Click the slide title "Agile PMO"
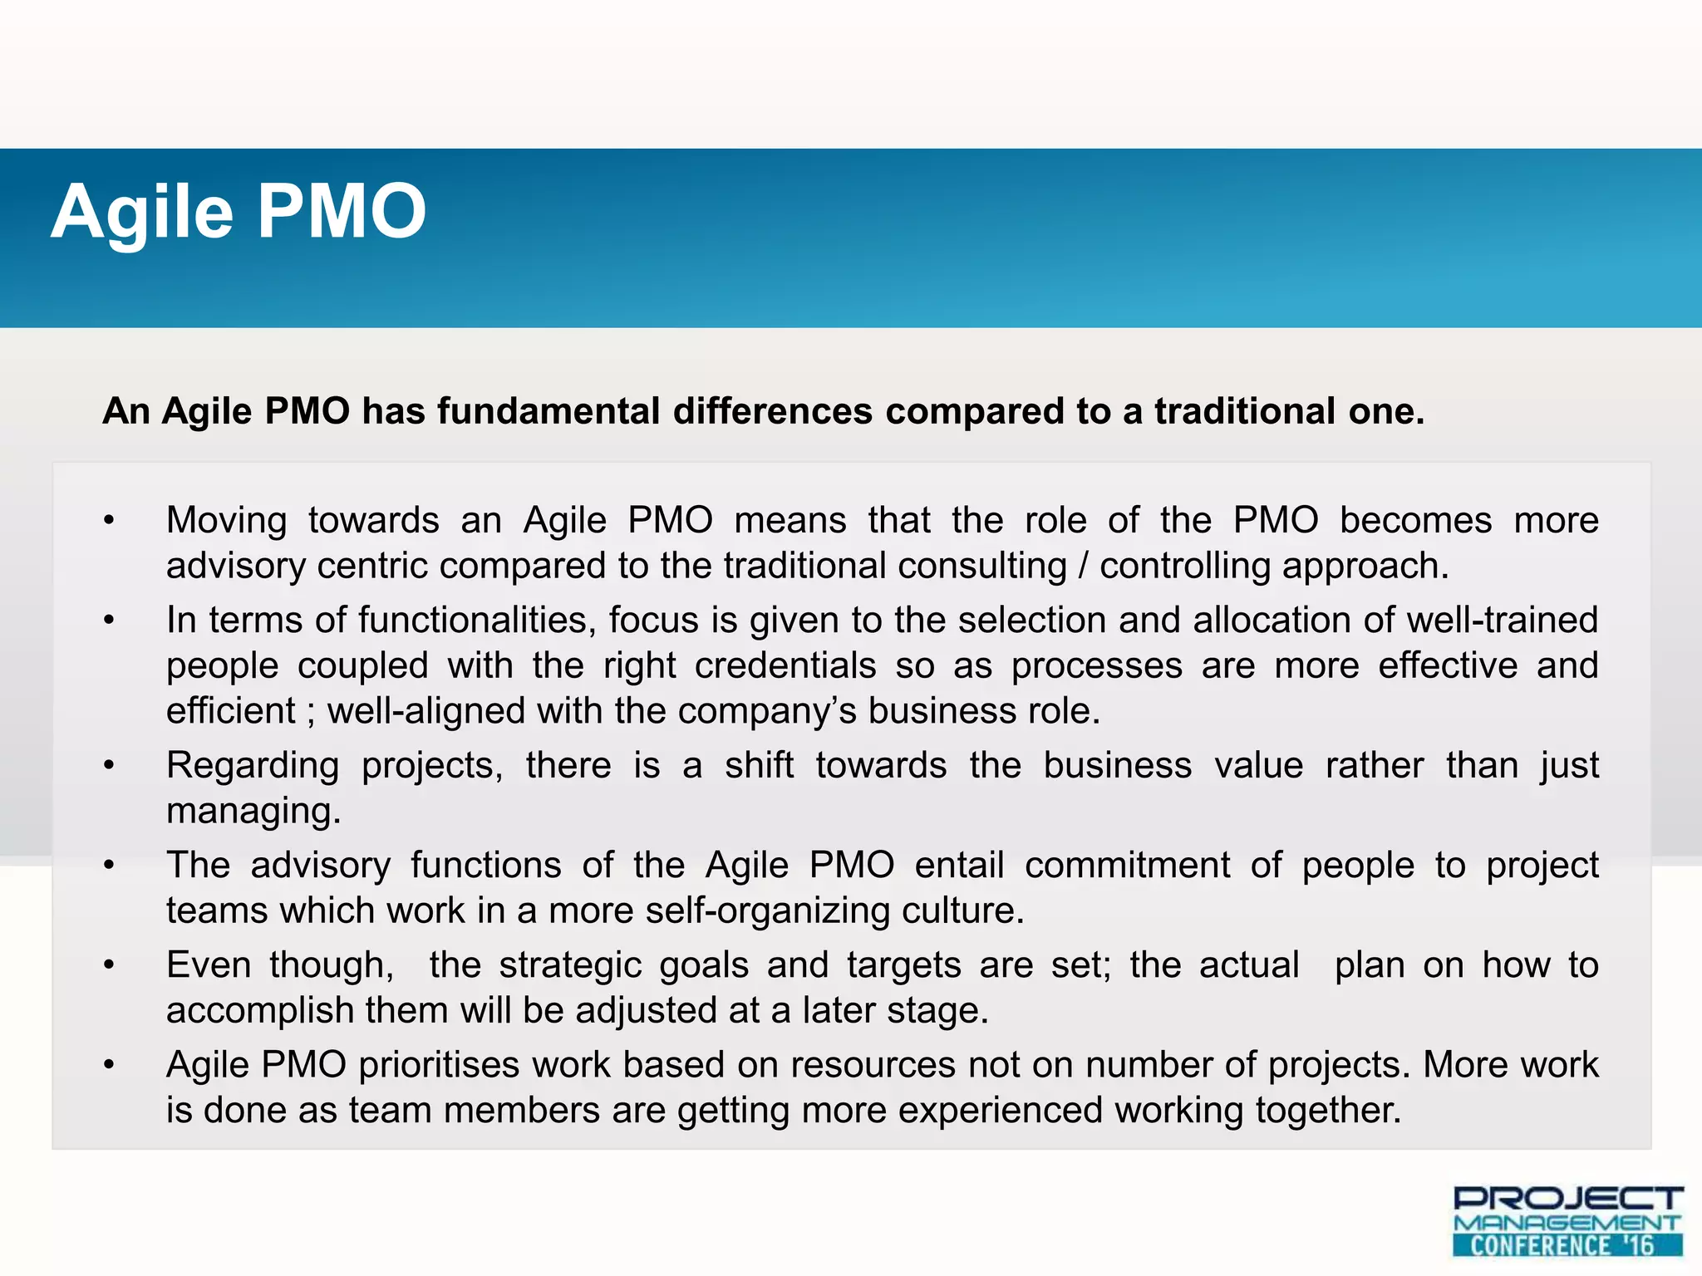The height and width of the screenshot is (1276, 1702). tap(239, 213)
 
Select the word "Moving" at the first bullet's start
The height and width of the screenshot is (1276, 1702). tap(226, 521)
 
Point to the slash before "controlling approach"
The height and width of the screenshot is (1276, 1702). tap(1083, 567)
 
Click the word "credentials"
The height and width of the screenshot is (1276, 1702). tap(785, 666)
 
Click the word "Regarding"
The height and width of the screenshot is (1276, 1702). tap(253, 766)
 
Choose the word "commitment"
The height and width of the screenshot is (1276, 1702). tap(1127, 866)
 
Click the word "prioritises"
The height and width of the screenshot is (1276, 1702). tap(439, 1065)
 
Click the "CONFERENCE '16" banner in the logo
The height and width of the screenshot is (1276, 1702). tap(1567, 1245)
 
